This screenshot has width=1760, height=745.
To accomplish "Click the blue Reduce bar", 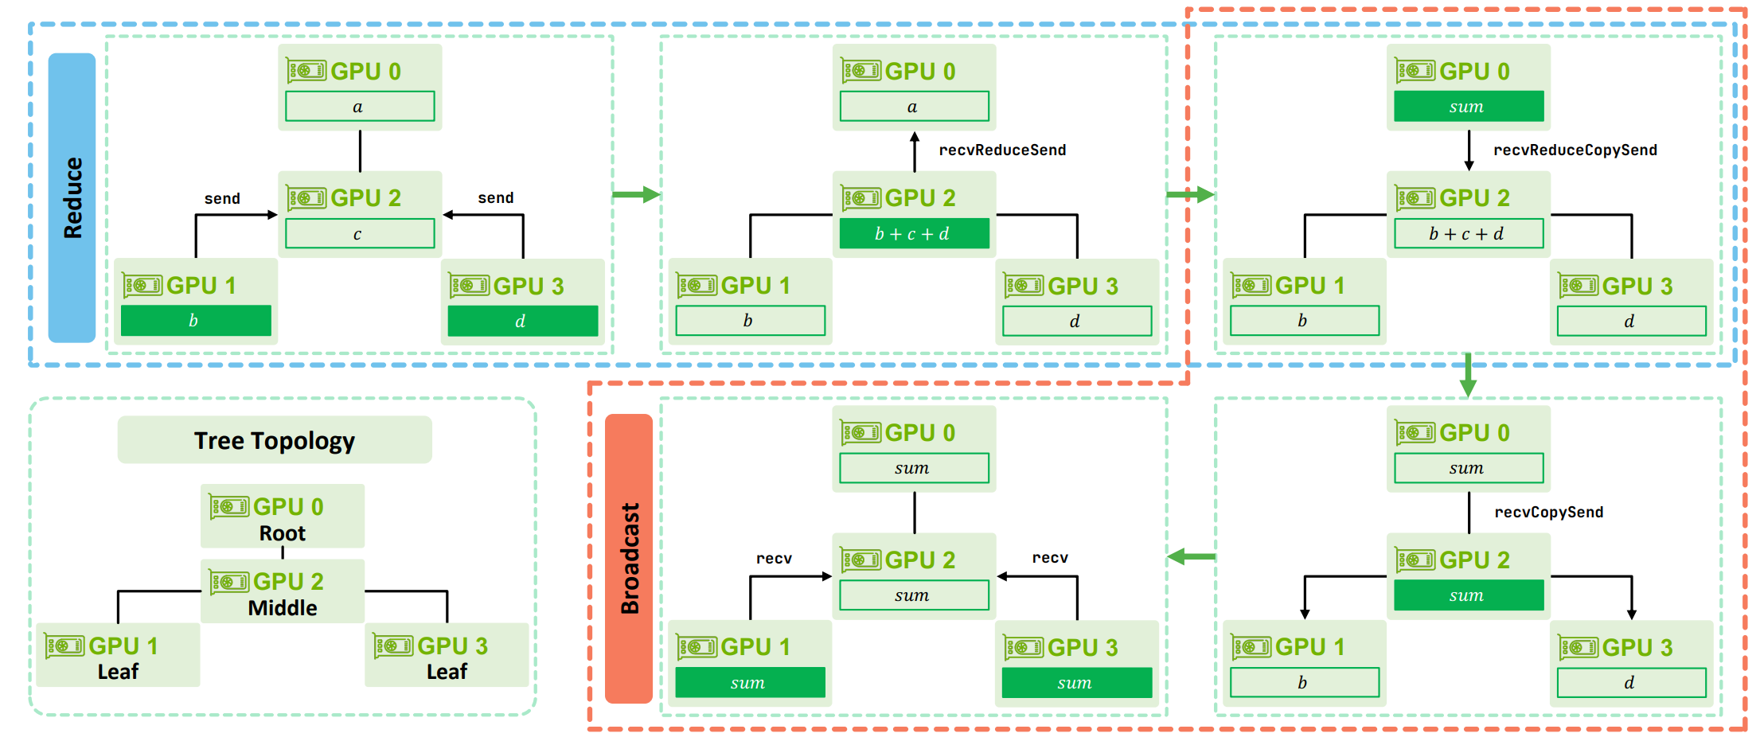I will (x=72, y=197).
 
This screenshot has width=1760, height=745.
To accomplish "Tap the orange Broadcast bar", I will (x=629, y=558).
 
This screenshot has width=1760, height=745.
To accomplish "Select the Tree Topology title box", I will (x=275, y=440).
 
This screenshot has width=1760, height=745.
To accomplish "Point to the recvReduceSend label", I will (x=1002, y=150).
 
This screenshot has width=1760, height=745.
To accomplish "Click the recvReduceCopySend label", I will (x=1575, y=150).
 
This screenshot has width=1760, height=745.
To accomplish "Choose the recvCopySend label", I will (x=1548, y=513).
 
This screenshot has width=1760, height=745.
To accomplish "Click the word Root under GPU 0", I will (x=282, y=533).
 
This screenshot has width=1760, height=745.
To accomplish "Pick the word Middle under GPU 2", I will (x=282, y=608).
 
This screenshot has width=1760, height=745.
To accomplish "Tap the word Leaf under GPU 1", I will (x=118, y=672).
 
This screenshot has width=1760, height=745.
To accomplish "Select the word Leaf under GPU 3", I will (x=447, y=672).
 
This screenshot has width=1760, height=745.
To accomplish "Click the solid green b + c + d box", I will (x=914, y=234).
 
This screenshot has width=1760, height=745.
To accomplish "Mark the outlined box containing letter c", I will (x=360, y=234).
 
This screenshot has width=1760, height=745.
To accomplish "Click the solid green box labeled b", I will (x=196, y=321).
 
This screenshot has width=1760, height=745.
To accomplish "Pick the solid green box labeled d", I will (x=522, y=322).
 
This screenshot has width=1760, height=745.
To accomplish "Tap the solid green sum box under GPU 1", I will (x=750, y=683).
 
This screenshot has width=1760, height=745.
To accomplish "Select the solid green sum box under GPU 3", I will (x=1076, y=683).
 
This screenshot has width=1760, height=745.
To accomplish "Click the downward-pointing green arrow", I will (x=1468, y=376).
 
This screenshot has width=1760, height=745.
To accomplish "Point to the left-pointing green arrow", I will (x=1191, y=556).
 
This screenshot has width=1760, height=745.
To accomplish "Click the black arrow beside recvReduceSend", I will (x=915, y=151).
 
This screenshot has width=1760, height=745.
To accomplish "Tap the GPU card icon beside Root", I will (x=229, y=506).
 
